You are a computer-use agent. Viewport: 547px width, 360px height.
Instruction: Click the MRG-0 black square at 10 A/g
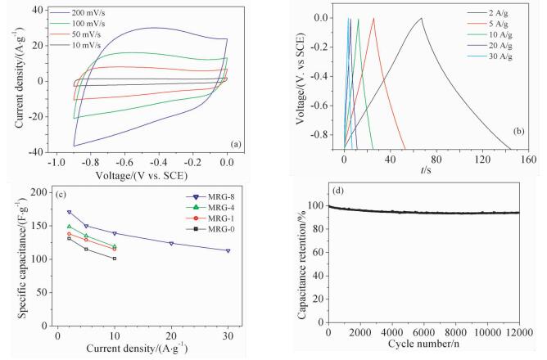(115, 259)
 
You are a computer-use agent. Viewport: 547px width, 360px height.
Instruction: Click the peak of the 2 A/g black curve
(421, 18)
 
